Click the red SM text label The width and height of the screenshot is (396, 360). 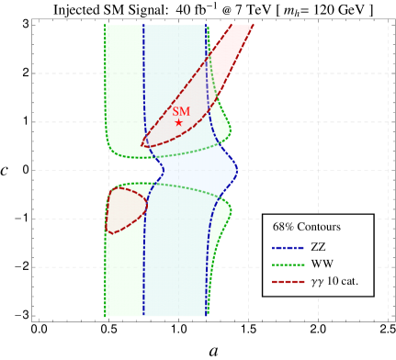tap(180, 111)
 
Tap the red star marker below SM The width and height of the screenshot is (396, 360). tap(179, 123)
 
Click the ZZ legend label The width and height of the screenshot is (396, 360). tap(318, 247)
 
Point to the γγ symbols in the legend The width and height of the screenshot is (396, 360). tap(317, 283)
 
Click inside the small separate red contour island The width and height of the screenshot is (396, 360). tap(124, 208)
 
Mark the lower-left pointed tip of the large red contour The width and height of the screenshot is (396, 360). tap(142, 145)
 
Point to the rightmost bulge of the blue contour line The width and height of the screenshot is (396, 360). tap(237, 169)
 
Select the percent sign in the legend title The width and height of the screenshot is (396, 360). tap(290, 227)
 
